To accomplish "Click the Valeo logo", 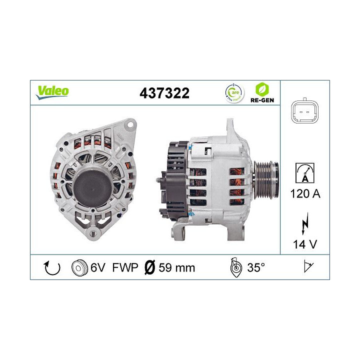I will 52,91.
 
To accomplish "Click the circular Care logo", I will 234,92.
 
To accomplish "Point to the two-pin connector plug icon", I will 305,111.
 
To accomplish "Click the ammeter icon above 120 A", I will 305,171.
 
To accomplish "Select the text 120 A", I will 305,192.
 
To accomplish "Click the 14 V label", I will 305,245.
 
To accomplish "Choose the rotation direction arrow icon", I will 52,267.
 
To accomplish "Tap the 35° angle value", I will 255,267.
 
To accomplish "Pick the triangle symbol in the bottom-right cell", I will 307,267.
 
